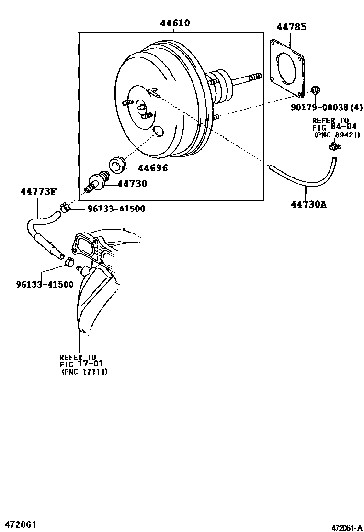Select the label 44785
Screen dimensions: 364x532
291,27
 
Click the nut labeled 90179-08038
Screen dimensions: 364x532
316,90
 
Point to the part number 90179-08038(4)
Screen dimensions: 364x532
326,108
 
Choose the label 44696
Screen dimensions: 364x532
153,168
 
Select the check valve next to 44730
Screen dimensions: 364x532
97,182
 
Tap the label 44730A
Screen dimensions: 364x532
308,204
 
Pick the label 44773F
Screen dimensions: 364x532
38,192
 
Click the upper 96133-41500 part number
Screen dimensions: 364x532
116,209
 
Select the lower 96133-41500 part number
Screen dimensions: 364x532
45,284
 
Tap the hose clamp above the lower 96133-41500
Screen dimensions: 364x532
69,261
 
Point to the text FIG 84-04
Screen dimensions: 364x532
334,127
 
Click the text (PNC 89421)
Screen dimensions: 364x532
332,135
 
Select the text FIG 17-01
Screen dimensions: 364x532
82,365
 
